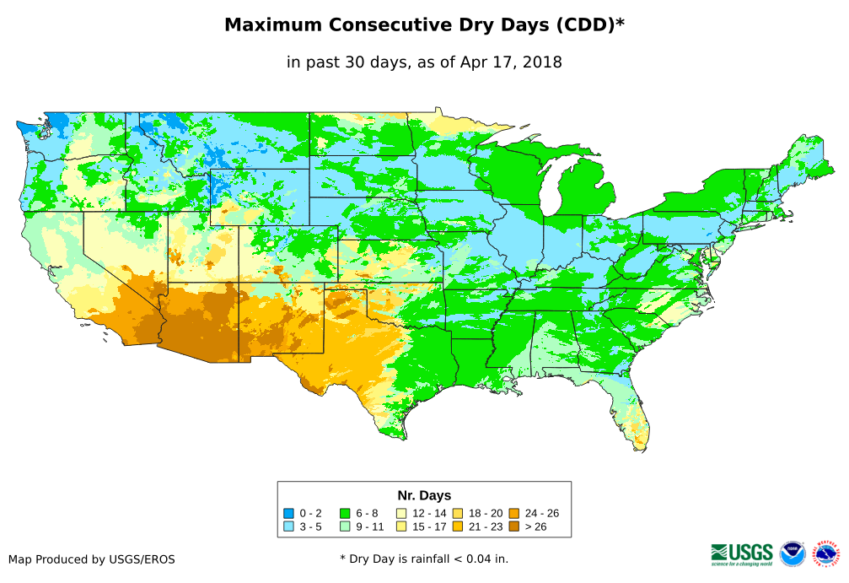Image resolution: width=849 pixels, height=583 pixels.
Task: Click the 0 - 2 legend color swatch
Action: point(289,513)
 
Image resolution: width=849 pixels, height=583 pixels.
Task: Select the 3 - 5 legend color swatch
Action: point(289,526)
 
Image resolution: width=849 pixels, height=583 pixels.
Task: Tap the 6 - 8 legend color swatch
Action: point(345,513)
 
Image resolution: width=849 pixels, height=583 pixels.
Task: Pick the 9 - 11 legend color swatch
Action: point(345,526)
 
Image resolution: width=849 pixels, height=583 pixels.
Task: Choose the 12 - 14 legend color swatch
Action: point(400,513)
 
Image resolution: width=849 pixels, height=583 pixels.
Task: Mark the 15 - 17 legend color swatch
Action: point(400,526)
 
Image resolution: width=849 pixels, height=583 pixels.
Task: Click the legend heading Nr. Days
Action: point(424,495)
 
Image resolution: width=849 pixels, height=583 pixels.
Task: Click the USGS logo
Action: point(742,553)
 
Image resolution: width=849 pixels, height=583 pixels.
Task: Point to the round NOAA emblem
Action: point(793,553)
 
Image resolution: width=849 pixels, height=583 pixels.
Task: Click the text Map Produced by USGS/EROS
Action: point(92,559)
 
